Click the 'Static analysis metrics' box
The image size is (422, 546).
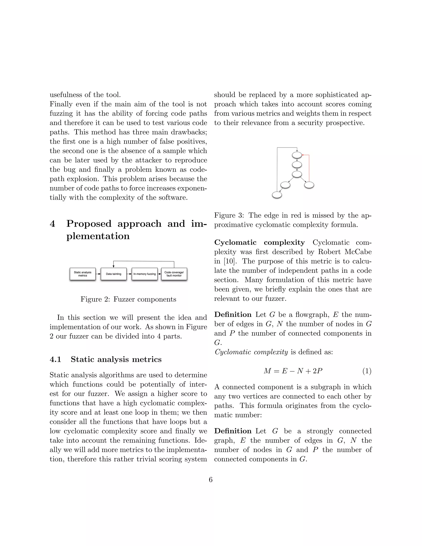(82, 274)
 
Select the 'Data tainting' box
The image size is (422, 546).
(114, 274)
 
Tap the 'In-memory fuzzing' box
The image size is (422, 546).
(144, 274)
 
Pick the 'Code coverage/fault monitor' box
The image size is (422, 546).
(174, 274)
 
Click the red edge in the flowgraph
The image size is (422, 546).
(309, 168)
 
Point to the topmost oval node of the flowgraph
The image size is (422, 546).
(297, 155)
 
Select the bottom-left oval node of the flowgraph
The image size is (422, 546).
(277, 195)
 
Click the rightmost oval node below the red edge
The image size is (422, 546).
(309, 185)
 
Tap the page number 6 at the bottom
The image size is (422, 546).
(211, 479)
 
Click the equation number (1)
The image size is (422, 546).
(367, 371)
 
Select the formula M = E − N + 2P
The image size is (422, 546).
(293, 371)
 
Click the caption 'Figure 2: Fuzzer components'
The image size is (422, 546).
(128, 299)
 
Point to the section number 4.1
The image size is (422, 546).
(55, 360)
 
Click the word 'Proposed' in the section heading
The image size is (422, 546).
(89, 224)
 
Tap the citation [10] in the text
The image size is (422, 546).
(228, 261)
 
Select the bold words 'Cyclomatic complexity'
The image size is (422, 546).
(259, 243)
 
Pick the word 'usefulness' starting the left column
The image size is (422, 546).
(66, 95)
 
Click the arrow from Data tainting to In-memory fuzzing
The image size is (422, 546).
(129, 274)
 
